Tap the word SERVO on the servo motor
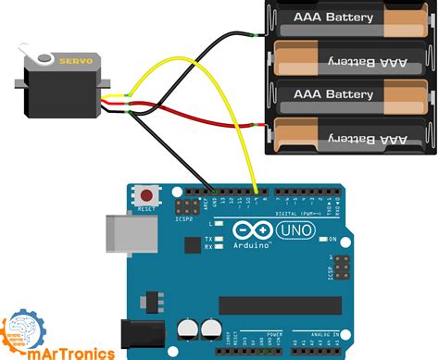75,60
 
